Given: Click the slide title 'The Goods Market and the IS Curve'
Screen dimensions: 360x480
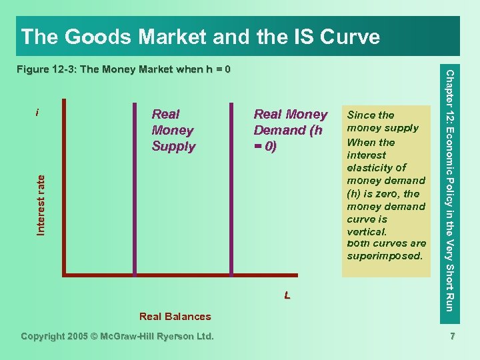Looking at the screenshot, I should [x=200, y=36].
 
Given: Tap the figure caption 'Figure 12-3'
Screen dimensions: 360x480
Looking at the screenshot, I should [x=123, y=69].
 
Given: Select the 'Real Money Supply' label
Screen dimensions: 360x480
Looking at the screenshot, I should [x=173, y=131].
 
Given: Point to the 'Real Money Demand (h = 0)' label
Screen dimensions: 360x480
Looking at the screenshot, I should [x=290, y=131].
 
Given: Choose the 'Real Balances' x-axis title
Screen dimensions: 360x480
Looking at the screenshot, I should [x=175, y=317].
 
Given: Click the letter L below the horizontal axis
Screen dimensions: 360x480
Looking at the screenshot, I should [x=287, y=295].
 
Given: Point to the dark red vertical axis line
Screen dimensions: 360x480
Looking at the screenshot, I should [x=64, y=187].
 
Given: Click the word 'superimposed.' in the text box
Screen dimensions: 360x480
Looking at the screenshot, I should [x=385, y=257].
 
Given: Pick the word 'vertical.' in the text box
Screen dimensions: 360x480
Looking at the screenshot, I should [x=367, y=231].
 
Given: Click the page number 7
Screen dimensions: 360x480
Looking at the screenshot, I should [x=452, y=337].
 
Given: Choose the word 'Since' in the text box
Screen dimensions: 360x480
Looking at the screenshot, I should [x=361, y=115].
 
